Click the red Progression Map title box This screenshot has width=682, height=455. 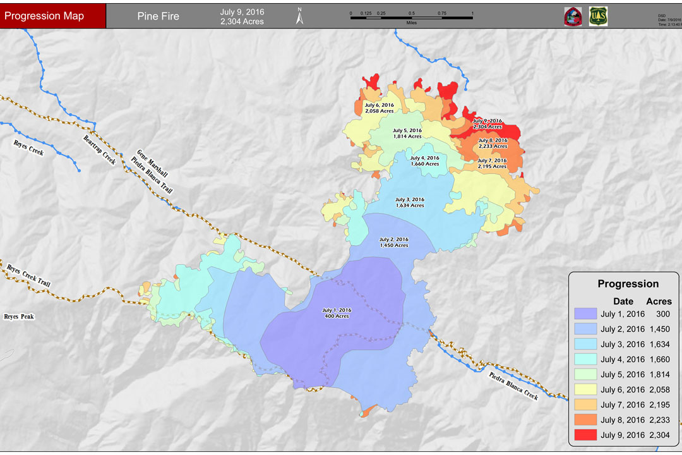click(x=52, y=16)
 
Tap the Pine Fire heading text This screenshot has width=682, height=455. click(x=158, y=16)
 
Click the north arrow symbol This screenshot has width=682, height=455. click(x=300, y=16)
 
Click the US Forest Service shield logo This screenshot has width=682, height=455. click(x=598, y=16)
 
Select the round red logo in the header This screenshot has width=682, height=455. click(x=573, y=16)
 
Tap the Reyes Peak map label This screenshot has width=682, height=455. click(x=19, y=317)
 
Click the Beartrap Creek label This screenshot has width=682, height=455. click(x=100, y=150)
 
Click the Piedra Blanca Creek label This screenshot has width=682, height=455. click(x=513, y=385)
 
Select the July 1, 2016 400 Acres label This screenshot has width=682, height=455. click(x=336, y=313)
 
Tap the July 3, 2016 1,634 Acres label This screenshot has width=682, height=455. click(x=410, y=202)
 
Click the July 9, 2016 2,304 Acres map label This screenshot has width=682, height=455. click(x=488, y=124)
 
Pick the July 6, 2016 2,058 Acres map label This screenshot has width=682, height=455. click(x=379, y=107)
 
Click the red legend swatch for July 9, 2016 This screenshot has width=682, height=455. click(x=585, y=435)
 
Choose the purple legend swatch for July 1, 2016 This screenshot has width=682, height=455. click(x=585, y=314)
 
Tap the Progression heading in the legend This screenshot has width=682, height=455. click(x=628, y=284)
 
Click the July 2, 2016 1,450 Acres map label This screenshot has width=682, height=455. click(x=393, y=242)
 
